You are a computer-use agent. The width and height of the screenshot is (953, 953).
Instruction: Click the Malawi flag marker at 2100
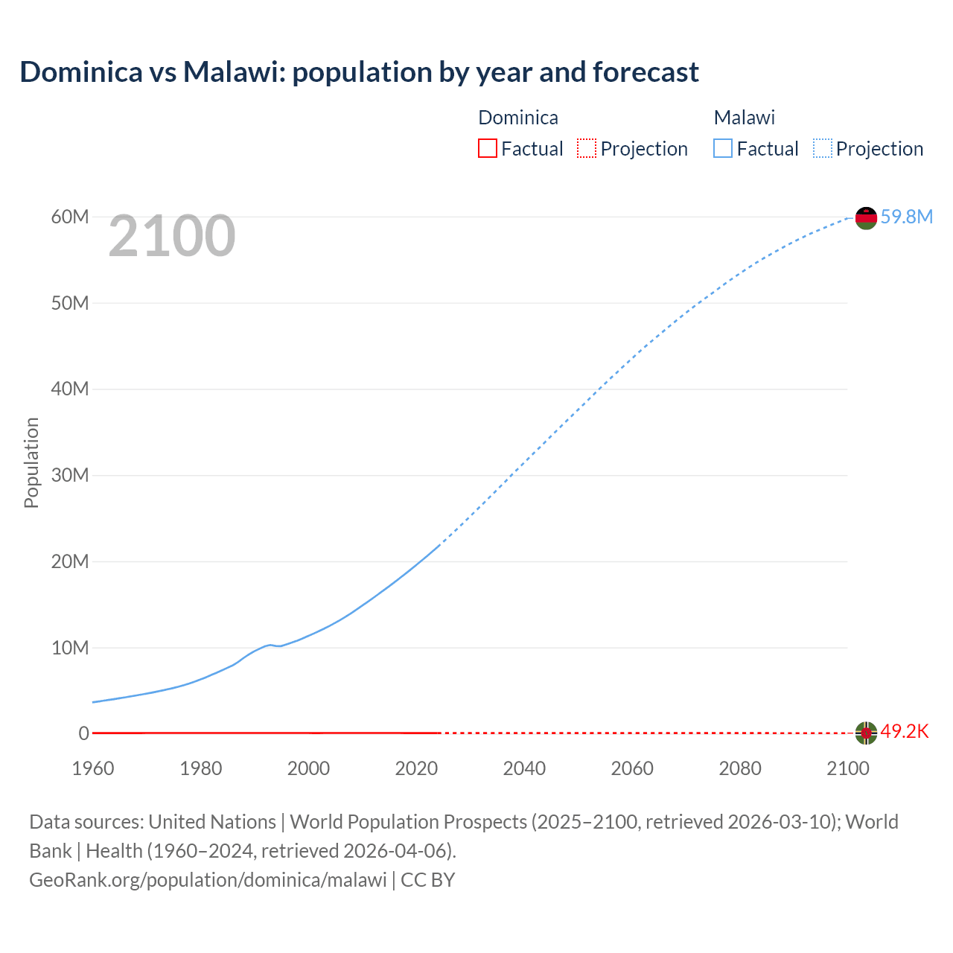[x=866, y=218]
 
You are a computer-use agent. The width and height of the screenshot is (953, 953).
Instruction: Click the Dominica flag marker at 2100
[x=866, y=733]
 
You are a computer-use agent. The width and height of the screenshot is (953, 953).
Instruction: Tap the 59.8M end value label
[x=906, y=217]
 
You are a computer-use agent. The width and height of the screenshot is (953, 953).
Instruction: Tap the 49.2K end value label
[x=905, y=732]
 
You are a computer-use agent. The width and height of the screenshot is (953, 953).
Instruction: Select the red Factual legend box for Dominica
[x=487, y=148]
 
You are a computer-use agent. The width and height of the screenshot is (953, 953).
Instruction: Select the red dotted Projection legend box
[x=587, y=148]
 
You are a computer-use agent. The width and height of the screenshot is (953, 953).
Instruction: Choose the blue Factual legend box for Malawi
[x=722, y=148]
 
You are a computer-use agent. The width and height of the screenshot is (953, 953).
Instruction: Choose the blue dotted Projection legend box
[x=822, y=148]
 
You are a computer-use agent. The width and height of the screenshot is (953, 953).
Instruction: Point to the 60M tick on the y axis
[x=70, y=217]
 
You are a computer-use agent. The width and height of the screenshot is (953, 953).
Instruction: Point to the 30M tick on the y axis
[x=70, y=475]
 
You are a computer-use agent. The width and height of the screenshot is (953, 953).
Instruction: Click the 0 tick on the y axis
[x=83, y=733]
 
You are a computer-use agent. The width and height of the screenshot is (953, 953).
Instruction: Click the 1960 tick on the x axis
[x=93, y=768]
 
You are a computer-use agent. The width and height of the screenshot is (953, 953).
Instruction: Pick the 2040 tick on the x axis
[x=524, y=768]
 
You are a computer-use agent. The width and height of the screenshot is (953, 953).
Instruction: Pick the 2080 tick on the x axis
[x=740, y=768]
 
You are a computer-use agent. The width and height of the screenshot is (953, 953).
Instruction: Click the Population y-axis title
[x=31, y=462]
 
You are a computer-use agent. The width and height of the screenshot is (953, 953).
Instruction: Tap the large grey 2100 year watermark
[x=172, y=236]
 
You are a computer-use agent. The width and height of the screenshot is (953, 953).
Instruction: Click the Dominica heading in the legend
[x=517, y=118]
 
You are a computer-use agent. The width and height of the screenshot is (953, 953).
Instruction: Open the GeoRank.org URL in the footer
[x=208, y=879]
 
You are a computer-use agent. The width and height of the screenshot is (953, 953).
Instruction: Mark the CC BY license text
[x=428, y=879]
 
